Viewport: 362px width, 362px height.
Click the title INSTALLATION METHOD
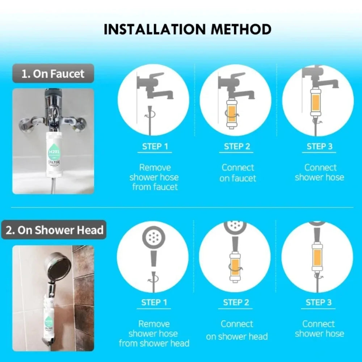point(187,29)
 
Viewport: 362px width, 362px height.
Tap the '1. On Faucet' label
point(53,74)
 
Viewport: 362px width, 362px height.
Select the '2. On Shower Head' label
point(54,230)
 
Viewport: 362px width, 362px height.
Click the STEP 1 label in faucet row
point(155,147)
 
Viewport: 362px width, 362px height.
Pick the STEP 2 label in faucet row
point(237,147)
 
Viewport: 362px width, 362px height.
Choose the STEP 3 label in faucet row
point(319,147)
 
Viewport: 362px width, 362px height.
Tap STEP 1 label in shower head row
point(154,303)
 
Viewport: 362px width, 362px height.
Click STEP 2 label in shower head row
point(236,303)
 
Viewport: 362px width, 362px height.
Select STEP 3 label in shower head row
point(319,303)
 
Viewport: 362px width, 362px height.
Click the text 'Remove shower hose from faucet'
point(154,177)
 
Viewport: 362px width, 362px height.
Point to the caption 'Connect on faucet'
point(237,173)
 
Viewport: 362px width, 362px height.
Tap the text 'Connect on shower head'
point(237,330)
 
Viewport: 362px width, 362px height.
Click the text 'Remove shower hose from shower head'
point(154,334)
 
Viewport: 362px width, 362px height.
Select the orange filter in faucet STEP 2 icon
point(231,113)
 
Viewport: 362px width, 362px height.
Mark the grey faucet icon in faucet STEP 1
point(156,87)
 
